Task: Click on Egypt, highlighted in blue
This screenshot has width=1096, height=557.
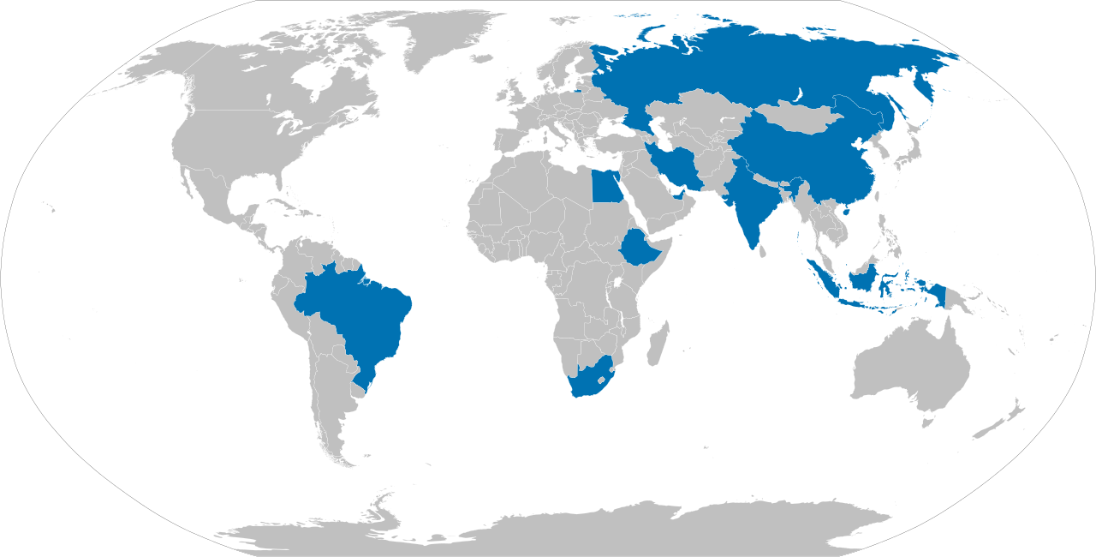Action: click(x=608, y=186)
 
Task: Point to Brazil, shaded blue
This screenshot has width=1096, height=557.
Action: click(x=360, y=308)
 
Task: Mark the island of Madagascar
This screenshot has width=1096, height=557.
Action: click(x=657, y=344)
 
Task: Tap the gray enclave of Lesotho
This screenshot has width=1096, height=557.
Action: click(x=602, y=378)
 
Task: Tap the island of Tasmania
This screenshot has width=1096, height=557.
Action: click(x=926, y=421)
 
